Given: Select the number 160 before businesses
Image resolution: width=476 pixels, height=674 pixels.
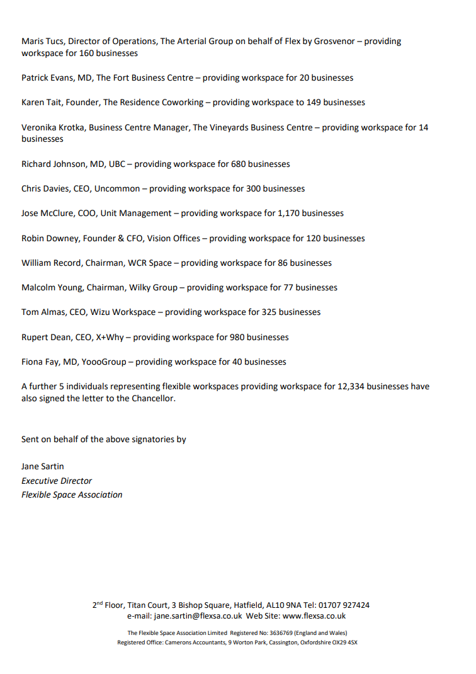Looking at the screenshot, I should pyautogui.click(x=88, y=54).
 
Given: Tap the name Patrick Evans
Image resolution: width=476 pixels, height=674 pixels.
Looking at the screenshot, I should pyautogui.click(x=46, y=78).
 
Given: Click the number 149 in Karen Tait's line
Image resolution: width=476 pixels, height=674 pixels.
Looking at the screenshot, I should pyautogui.click(x=314, y=103).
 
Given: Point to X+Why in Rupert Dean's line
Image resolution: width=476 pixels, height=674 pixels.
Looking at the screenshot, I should pyautogui.click(x=110, y=337).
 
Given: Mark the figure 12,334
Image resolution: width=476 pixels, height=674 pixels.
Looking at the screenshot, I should pyautogui.click(x=347, y=386).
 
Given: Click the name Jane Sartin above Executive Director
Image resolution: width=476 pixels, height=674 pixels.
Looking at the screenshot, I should pyautogui.click(x=43, y=467).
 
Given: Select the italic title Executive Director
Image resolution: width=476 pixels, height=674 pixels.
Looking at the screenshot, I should pyautogui.click(x=57, y=481).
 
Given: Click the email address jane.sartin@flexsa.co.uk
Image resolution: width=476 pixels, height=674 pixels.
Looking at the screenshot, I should pyautogui.click(x=198, y=616).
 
